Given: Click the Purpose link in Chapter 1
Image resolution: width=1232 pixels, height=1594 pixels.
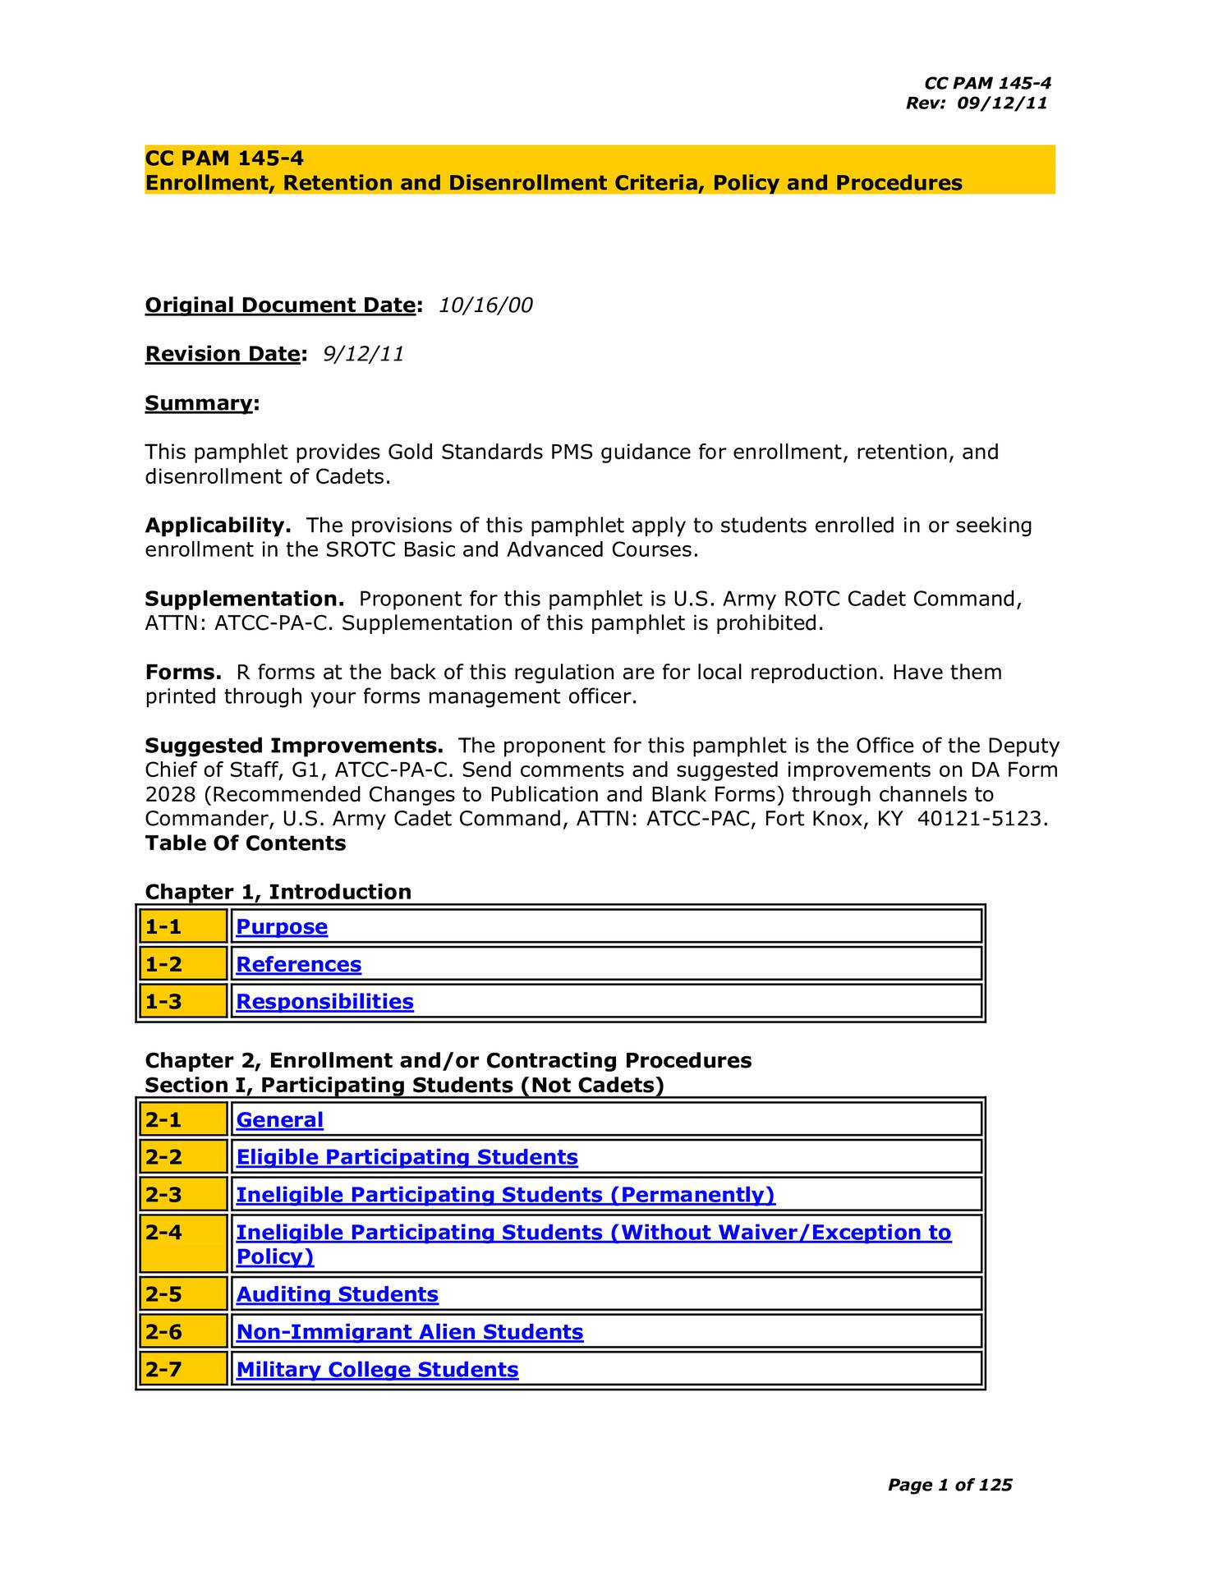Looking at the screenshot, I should pos(282,926).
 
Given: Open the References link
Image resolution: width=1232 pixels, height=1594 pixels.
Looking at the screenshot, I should pos(298,964).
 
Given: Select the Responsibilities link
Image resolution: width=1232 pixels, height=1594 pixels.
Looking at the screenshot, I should pos(324,1001).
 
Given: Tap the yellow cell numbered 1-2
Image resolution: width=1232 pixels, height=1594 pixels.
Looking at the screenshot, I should pos(182,964).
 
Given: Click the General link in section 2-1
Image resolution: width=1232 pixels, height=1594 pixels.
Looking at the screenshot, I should pos(279,1119).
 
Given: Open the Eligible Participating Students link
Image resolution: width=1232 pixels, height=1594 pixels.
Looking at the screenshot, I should pos(407,1157).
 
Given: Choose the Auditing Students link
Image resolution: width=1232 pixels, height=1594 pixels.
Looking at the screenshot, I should pos(337,1294).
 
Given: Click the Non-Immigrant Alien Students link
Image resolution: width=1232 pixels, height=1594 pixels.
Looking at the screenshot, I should pos(409,1332).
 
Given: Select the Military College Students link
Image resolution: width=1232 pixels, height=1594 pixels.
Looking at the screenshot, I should pos(377,1370).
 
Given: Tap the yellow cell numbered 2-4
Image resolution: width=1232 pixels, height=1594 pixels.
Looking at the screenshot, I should pos(182,1243).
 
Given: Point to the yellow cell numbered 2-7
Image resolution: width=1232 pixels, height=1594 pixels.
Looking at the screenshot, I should pos(182,1370).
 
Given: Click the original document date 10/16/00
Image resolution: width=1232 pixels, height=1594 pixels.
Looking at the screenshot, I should pos(485,305).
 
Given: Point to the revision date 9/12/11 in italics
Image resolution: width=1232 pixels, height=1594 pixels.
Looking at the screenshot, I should pos(363,354).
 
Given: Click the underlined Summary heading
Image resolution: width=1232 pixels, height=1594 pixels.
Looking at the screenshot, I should pos(199,403).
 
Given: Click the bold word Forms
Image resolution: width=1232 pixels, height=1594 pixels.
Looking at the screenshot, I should pos(182,673).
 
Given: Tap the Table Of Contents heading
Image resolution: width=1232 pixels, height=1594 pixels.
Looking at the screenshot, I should pos(245,843).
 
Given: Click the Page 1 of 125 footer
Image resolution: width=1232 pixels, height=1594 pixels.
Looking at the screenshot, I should pos(949,1485).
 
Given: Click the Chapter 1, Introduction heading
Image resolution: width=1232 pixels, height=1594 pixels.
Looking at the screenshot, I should pos(278,892).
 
